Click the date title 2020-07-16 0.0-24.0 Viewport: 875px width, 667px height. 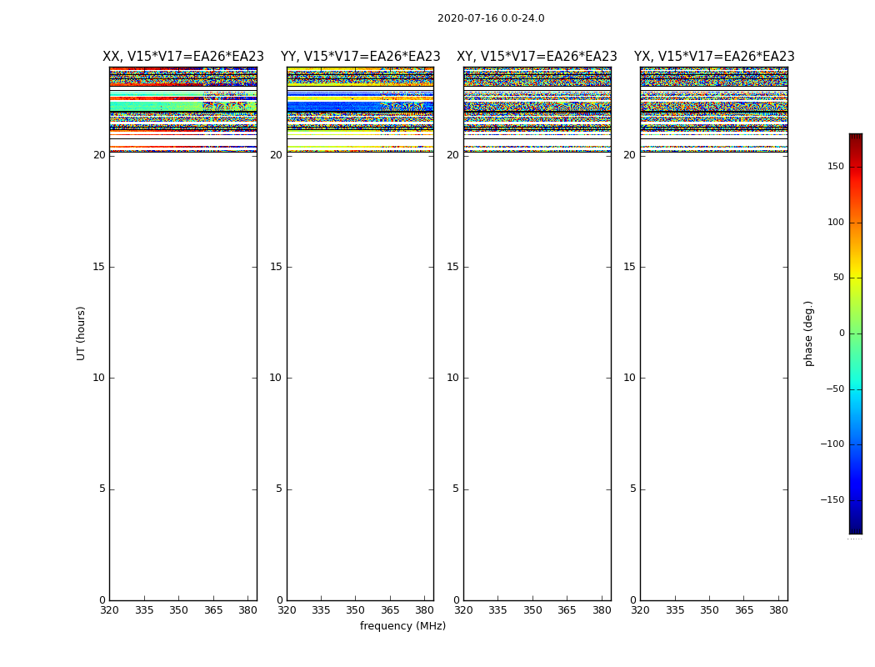[x=491, y=18]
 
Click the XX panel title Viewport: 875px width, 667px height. [x=183, y=57]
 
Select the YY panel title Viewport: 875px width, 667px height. [x=360, y=57]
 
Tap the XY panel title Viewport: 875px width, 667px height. [x=537, y=57]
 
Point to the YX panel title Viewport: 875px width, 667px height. [x=714, y=57]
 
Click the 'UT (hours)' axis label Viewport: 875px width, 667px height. [x=81, y=333]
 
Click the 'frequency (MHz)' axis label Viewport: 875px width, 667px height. [x=402, y=626]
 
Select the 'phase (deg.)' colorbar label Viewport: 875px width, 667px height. [x=808, y=333]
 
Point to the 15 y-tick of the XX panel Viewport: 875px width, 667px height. [x=99, y=267]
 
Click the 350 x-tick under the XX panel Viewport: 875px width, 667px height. [x=178, y=610]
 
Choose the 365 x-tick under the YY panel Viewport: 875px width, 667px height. [x=390, y=610]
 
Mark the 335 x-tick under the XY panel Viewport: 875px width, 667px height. [x=497, y=610]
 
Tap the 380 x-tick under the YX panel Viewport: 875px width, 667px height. [x=778, y=610]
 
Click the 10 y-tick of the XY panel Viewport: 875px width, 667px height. [x=452, y=378]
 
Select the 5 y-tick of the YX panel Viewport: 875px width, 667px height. [x=632, y=489]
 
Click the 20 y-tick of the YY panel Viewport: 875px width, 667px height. [x=276, y=155]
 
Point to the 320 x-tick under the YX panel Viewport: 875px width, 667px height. [x=640, y=610]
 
